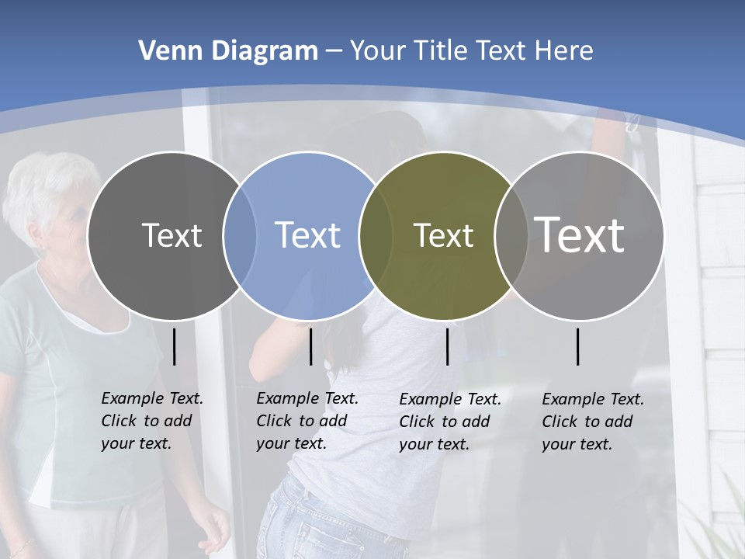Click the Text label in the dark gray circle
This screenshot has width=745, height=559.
[x=172, y=235]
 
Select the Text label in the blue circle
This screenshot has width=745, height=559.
[x=307, y=235]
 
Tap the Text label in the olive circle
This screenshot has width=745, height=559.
[x=443, y=235]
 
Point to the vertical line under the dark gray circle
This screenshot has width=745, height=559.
[x=174, y=346]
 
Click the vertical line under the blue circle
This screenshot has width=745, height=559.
[x=310, y=346]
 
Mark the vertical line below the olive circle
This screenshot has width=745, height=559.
[x=447, y=346]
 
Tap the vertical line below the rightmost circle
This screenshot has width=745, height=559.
[x=577, y=346]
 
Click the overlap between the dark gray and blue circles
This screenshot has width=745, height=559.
[x=240, y=235]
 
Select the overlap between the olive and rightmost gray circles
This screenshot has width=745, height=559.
[x=508, y=235]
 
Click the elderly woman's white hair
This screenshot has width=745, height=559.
[x=43, y=182]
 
